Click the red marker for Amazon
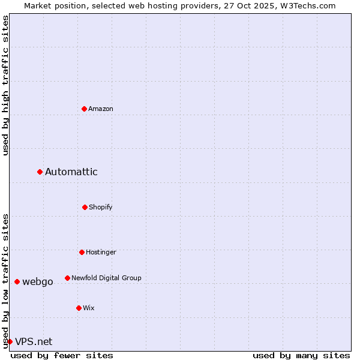[84, 109]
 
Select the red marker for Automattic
[40, 172]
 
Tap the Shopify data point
[85, 207]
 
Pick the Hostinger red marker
[82, 252]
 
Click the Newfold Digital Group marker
[67, 278]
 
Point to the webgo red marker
[17, 282]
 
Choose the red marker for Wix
[79, 308]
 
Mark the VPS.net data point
[10, 341]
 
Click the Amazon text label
[101, 109]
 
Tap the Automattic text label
[71, 172]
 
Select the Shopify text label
[101, 207]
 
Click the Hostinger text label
[101, 252]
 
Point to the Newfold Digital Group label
[106, 278]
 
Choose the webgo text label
[38, 282]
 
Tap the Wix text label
[89, 308]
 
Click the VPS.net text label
[34, 341]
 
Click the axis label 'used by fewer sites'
[62, 355]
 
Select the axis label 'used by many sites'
[301, 355]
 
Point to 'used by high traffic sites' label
[5, 85]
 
